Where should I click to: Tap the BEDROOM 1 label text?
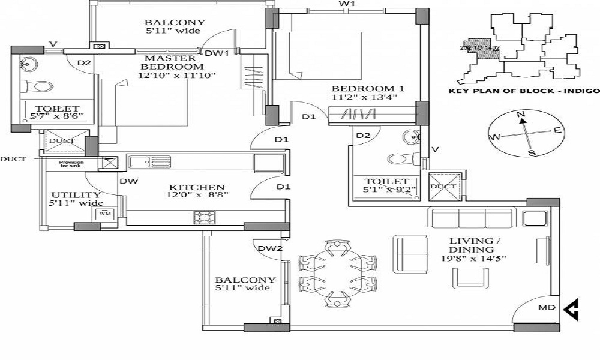point(368,89)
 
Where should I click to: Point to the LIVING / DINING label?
point(472,245)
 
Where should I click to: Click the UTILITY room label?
point(67,195)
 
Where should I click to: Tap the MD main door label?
point(546,308)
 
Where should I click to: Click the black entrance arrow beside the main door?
point(572,309)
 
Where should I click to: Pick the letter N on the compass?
point(521,115)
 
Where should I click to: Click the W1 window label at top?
point(347,4)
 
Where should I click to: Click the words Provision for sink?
point(71,163)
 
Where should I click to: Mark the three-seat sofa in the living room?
point(471,217)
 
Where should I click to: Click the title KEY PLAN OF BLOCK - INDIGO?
point(524,91)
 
